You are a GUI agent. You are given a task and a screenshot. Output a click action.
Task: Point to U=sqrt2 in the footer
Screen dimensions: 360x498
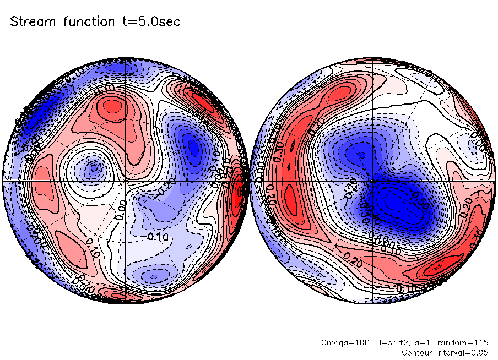coord(386,342)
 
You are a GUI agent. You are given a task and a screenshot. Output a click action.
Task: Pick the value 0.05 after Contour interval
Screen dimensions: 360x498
coord(479,352)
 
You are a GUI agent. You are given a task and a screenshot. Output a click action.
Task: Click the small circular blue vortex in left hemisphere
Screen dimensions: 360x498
coord(94,167)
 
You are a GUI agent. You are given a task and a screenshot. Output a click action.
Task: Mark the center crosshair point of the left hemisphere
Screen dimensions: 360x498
coord(126,180)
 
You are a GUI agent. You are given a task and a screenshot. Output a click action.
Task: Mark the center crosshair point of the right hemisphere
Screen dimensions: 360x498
coord(373,180)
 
